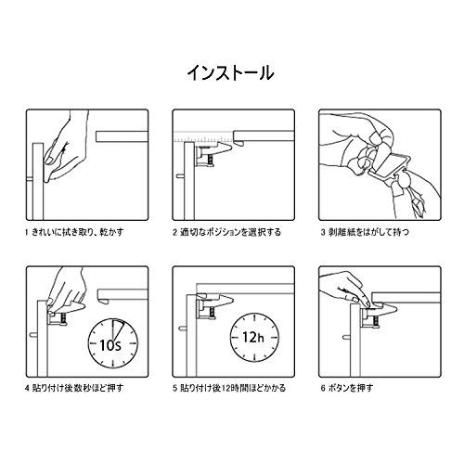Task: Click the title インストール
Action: tap(230, 73)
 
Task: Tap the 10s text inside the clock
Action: tap(110, 345)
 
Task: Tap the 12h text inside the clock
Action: tap(253, 337)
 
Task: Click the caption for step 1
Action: tap(74, 232)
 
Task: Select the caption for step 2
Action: tap(226, 232)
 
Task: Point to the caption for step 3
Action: tap(365, 232)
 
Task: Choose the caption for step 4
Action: tap(74, 388)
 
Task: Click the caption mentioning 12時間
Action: tap(229, 388)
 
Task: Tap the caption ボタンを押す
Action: tap(347, 388)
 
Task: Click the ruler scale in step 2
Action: tap(203, 136)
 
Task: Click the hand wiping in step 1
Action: tap(65, 147)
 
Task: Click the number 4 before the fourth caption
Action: tap(27, 388)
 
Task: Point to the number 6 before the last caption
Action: tap(323, 388)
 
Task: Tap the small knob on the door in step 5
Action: tap(182, 329)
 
